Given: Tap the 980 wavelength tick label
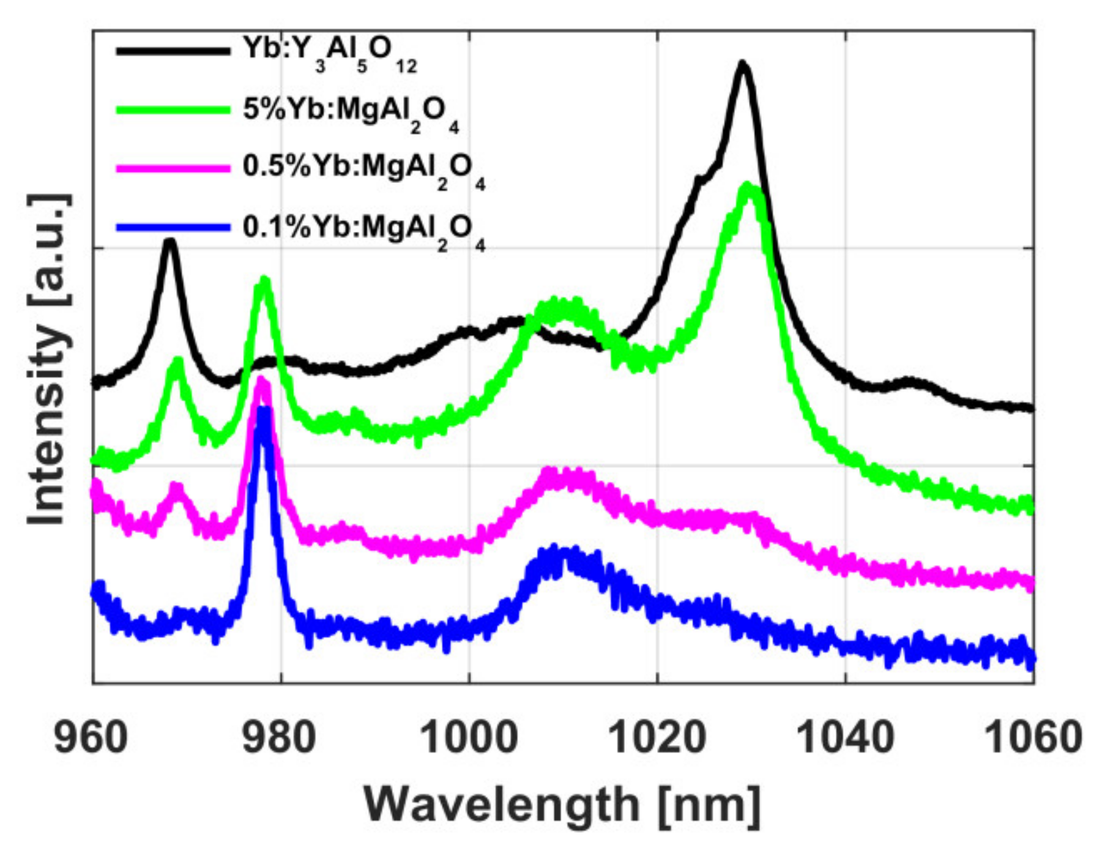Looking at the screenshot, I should [x=279, y=738].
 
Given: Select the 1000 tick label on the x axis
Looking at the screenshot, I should [x=469, y=738].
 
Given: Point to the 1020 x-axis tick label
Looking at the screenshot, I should [x=658, y=738].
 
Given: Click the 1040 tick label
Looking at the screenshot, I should [x=846, y=738].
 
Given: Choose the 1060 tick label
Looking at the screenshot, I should [x=1033, y=738].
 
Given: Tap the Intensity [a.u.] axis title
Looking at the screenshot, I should [x=48, y=359].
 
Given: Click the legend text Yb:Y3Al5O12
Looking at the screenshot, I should [x=329, y=54].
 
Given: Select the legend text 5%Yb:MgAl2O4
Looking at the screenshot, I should [x=350, y=114].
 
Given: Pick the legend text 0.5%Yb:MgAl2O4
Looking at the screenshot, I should [x=363, y=171].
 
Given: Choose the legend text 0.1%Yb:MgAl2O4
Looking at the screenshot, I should [x=363, y=232].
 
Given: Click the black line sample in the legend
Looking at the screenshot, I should [x=173, y=51].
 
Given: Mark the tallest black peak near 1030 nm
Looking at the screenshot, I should [x=742, y=64].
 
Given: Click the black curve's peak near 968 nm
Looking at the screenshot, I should [x=169, y=241].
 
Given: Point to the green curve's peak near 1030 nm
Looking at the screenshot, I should [x=749, y=187].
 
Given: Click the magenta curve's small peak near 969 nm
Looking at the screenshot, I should [x=177, y=487].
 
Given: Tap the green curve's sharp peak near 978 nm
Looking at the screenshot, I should [x=264, y=280].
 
